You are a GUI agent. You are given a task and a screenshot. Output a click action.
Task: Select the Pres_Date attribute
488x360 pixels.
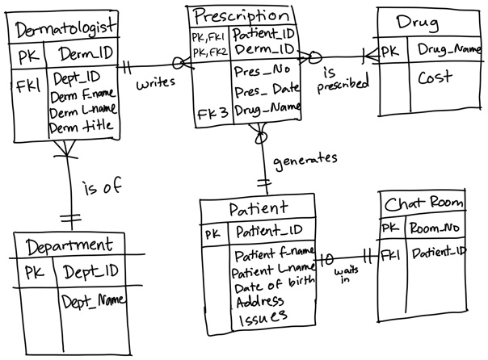tap(263, 90)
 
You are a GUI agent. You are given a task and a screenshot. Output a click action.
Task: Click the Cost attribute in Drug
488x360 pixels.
tap(435, 77)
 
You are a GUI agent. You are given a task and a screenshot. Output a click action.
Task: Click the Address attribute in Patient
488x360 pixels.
tap(259, 302)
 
